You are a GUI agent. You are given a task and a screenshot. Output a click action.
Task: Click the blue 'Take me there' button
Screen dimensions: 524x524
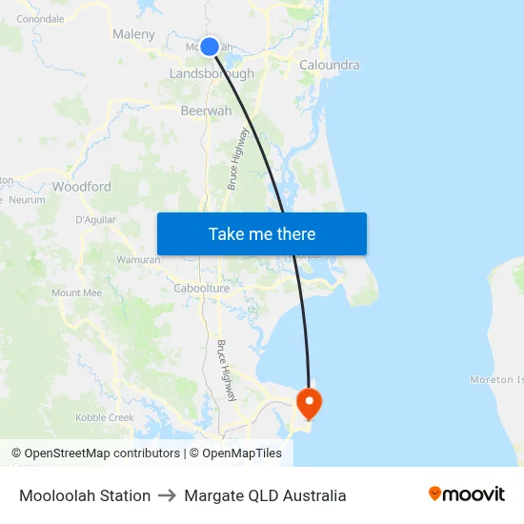262,234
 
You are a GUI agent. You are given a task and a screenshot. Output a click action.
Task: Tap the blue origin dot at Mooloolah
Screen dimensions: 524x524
210,46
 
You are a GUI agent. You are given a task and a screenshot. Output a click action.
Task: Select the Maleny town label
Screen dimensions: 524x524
133,34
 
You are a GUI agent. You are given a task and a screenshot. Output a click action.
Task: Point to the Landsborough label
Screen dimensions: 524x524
212,73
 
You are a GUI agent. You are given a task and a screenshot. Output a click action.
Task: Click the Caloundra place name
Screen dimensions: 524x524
330,65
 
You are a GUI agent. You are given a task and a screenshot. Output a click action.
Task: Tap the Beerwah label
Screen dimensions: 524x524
206,111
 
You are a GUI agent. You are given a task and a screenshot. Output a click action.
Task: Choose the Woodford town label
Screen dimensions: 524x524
82,187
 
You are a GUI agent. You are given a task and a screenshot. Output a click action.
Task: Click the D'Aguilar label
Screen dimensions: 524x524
95,220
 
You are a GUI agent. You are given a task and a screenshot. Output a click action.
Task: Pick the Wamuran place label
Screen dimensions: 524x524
137,259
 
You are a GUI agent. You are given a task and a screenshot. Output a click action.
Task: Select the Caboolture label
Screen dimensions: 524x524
202,288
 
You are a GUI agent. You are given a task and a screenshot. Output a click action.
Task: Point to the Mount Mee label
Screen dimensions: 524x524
76,292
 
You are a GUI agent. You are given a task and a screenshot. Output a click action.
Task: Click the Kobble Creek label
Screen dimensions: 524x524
105,417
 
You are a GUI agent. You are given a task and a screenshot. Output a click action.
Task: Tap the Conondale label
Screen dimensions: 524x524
40,18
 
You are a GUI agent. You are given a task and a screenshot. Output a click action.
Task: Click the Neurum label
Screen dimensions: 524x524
27,200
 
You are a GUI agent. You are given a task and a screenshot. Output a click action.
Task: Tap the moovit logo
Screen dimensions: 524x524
467,494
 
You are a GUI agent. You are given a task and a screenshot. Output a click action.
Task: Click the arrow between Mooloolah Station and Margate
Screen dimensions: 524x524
168,495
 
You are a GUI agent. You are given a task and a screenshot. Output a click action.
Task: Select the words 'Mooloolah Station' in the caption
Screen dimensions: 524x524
85,495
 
